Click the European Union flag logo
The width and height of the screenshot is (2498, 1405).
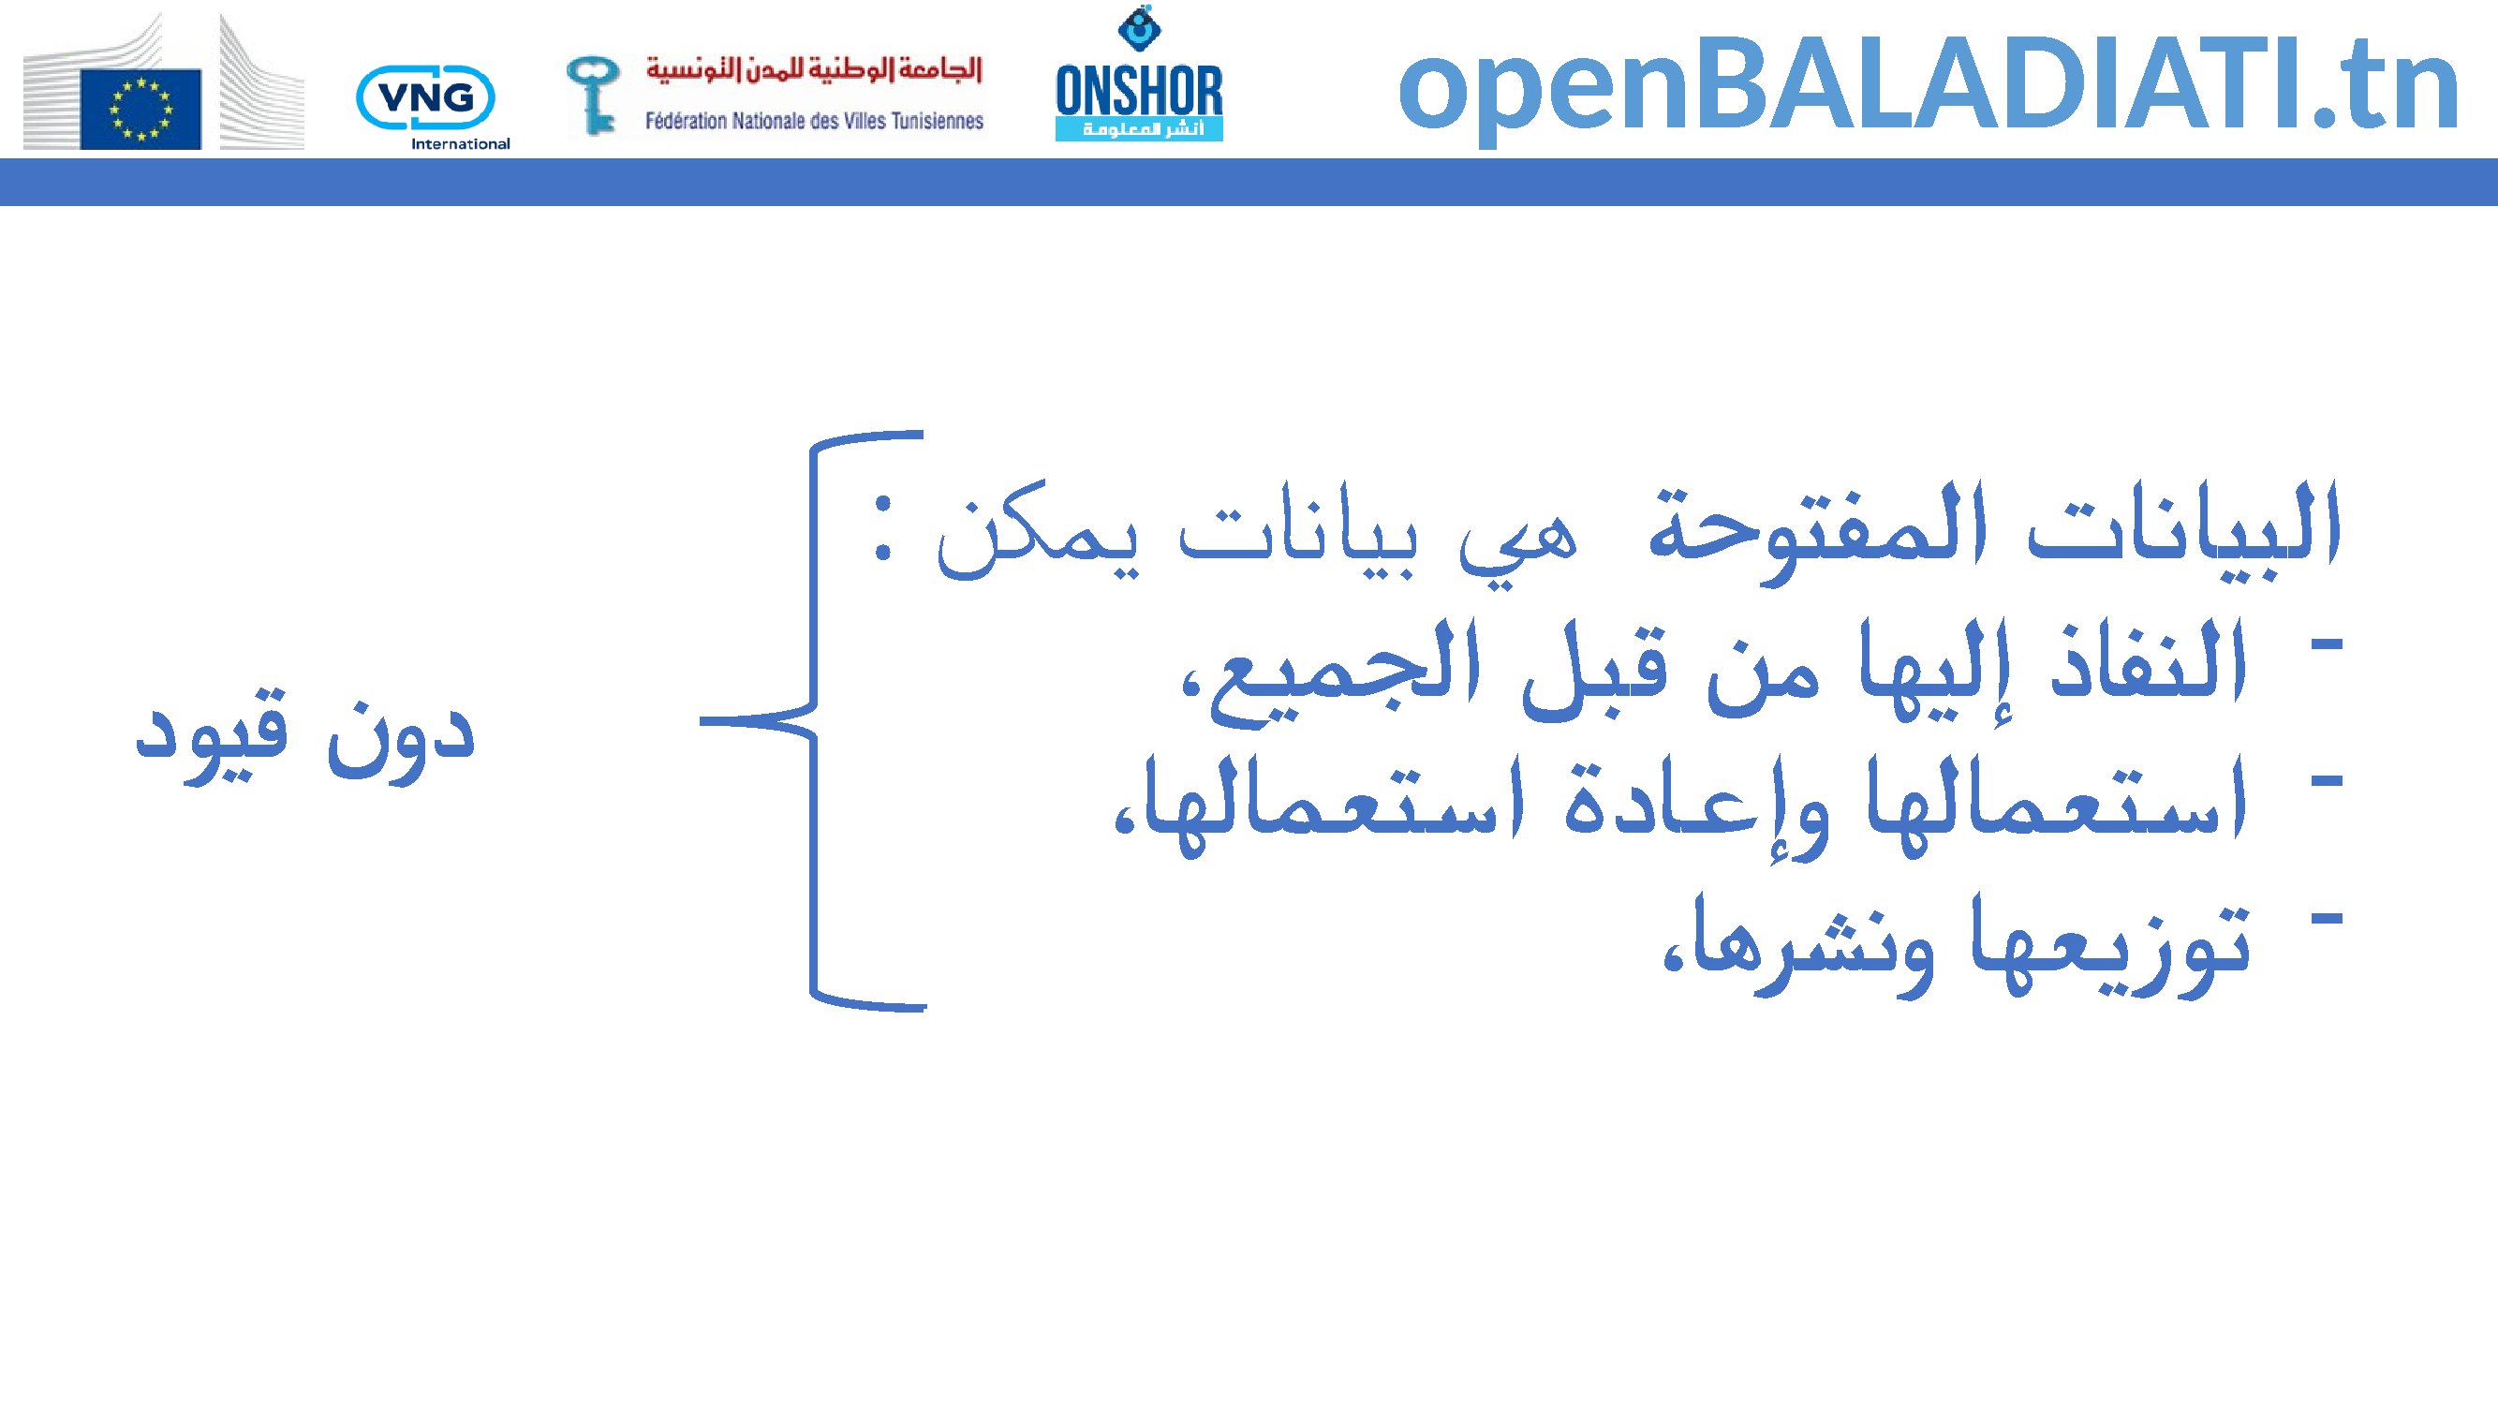coord(140,110)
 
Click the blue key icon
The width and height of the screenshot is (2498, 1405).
coord(593,95)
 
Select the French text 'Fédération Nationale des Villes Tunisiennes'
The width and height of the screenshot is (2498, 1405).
coord(815,121)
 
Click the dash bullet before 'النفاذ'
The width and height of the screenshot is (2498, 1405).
coord(2328,643)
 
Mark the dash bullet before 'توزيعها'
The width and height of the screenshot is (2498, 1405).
coord(2328,917)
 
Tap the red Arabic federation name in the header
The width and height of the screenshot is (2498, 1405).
coord(815,70)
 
